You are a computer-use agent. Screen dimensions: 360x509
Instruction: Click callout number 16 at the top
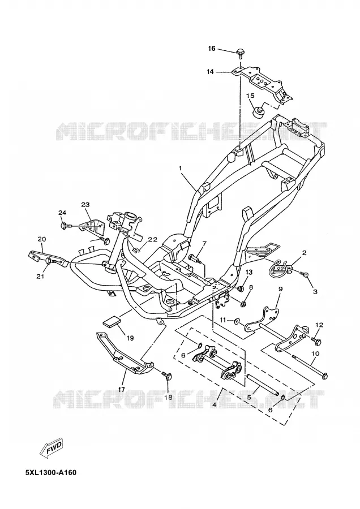tap(212, 49)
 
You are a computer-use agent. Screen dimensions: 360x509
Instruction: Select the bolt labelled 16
tap(241, 53)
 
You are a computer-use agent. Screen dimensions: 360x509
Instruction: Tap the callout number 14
tap(210, 71)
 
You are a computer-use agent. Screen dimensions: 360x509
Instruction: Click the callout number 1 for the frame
tap(180, 168)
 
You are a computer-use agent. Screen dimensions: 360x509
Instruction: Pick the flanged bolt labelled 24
tap(65, 225)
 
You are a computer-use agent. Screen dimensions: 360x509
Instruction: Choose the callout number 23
tap(85, 205)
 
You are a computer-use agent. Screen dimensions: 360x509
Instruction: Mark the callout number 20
tap(41, 239)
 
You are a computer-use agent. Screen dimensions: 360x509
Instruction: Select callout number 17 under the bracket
tap(121, 390)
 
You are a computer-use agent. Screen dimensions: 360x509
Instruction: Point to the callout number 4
tap(214, 405)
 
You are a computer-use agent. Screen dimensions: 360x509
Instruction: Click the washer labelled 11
tap(238, 321)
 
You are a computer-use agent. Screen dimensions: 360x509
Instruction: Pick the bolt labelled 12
tap(316, 341)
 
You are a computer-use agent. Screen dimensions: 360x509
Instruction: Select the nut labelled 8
tap(244, 304)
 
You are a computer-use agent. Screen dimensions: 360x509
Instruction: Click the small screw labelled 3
tap(306, 275)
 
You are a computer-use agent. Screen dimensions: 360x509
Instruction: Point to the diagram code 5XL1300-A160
tap(51, 472)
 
